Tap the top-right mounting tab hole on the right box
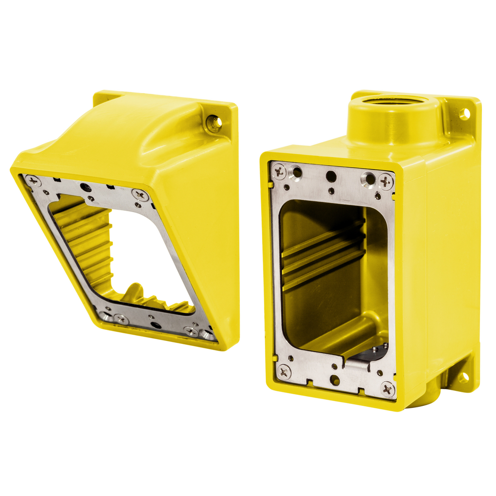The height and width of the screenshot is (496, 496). coord(464,114)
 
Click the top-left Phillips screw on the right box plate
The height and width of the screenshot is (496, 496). coord(279,170)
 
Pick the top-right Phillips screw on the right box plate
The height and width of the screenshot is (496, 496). coord(386,181)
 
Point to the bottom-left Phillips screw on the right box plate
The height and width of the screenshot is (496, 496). coord(283,372)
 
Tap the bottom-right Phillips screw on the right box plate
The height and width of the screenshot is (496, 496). coord(387,388)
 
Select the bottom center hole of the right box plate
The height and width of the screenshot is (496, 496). coord(334,380)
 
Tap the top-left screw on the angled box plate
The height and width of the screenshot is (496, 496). coord(33,181)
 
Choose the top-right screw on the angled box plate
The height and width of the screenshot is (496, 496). coord(140,195)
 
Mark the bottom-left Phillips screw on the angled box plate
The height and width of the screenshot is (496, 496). coord(121,319)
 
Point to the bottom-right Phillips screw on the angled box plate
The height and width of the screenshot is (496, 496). coord(191,332)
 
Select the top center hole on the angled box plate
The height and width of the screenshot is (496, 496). coord(86,187)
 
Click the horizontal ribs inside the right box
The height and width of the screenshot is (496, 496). coord(322,254)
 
